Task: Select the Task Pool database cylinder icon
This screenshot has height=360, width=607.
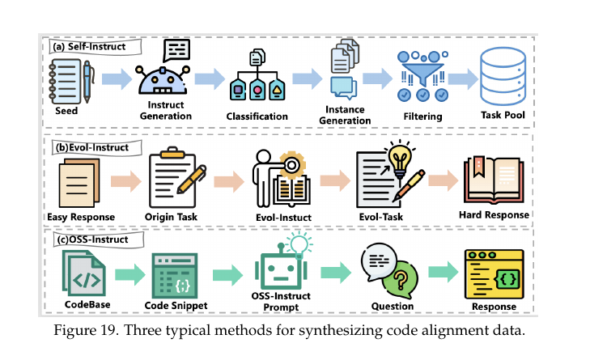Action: point(503,76)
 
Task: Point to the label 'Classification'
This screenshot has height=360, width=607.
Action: point(257,116)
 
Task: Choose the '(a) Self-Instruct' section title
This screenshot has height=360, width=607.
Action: point(87,47)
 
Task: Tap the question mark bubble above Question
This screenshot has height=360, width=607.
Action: point(399,283)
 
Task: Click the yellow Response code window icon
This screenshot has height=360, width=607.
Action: point(493,273)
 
